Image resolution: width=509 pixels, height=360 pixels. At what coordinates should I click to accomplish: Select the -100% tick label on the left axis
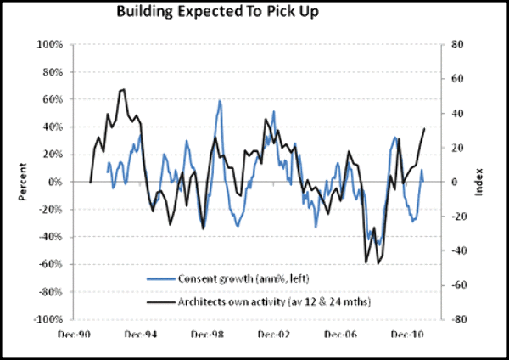[51, 320]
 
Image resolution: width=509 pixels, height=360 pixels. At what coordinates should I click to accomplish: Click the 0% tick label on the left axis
[58, 182]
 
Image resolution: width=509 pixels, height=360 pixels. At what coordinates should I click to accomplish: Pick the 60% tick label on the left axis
[55, 99]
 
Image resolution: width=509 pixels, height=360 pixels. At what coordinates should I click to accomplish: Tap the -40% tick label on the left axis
[53, 237]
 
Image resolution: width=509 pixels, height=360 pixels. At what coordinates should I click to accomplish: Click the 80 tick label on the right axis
[455, 44]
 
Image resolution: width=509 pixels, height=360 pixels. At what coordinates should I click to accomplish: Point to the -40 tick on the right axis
[456, 251]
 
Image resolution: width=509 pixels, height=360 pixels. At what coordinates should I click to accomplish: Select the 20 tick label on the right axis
[455, 148]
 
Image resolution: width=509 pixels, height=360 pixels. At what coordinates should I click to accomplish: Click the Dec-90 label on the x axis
[73, 335]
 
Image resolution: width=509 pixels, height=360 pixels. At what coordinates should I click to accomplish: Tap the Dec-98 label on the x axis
[207, 335]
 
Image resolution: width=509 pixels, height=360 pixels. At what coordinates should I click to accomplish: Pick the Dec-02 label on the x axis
[274, 335]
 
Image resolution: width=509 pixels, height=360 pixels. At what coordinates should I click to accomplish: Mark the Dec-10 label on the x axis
[408, 335]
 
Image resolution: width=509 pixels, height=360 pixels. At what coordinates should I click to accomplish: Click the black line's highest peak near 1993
[124, 89]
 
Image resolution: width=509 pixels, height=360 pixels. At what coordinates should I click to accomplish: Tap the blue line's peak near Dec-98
[219, 101]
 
